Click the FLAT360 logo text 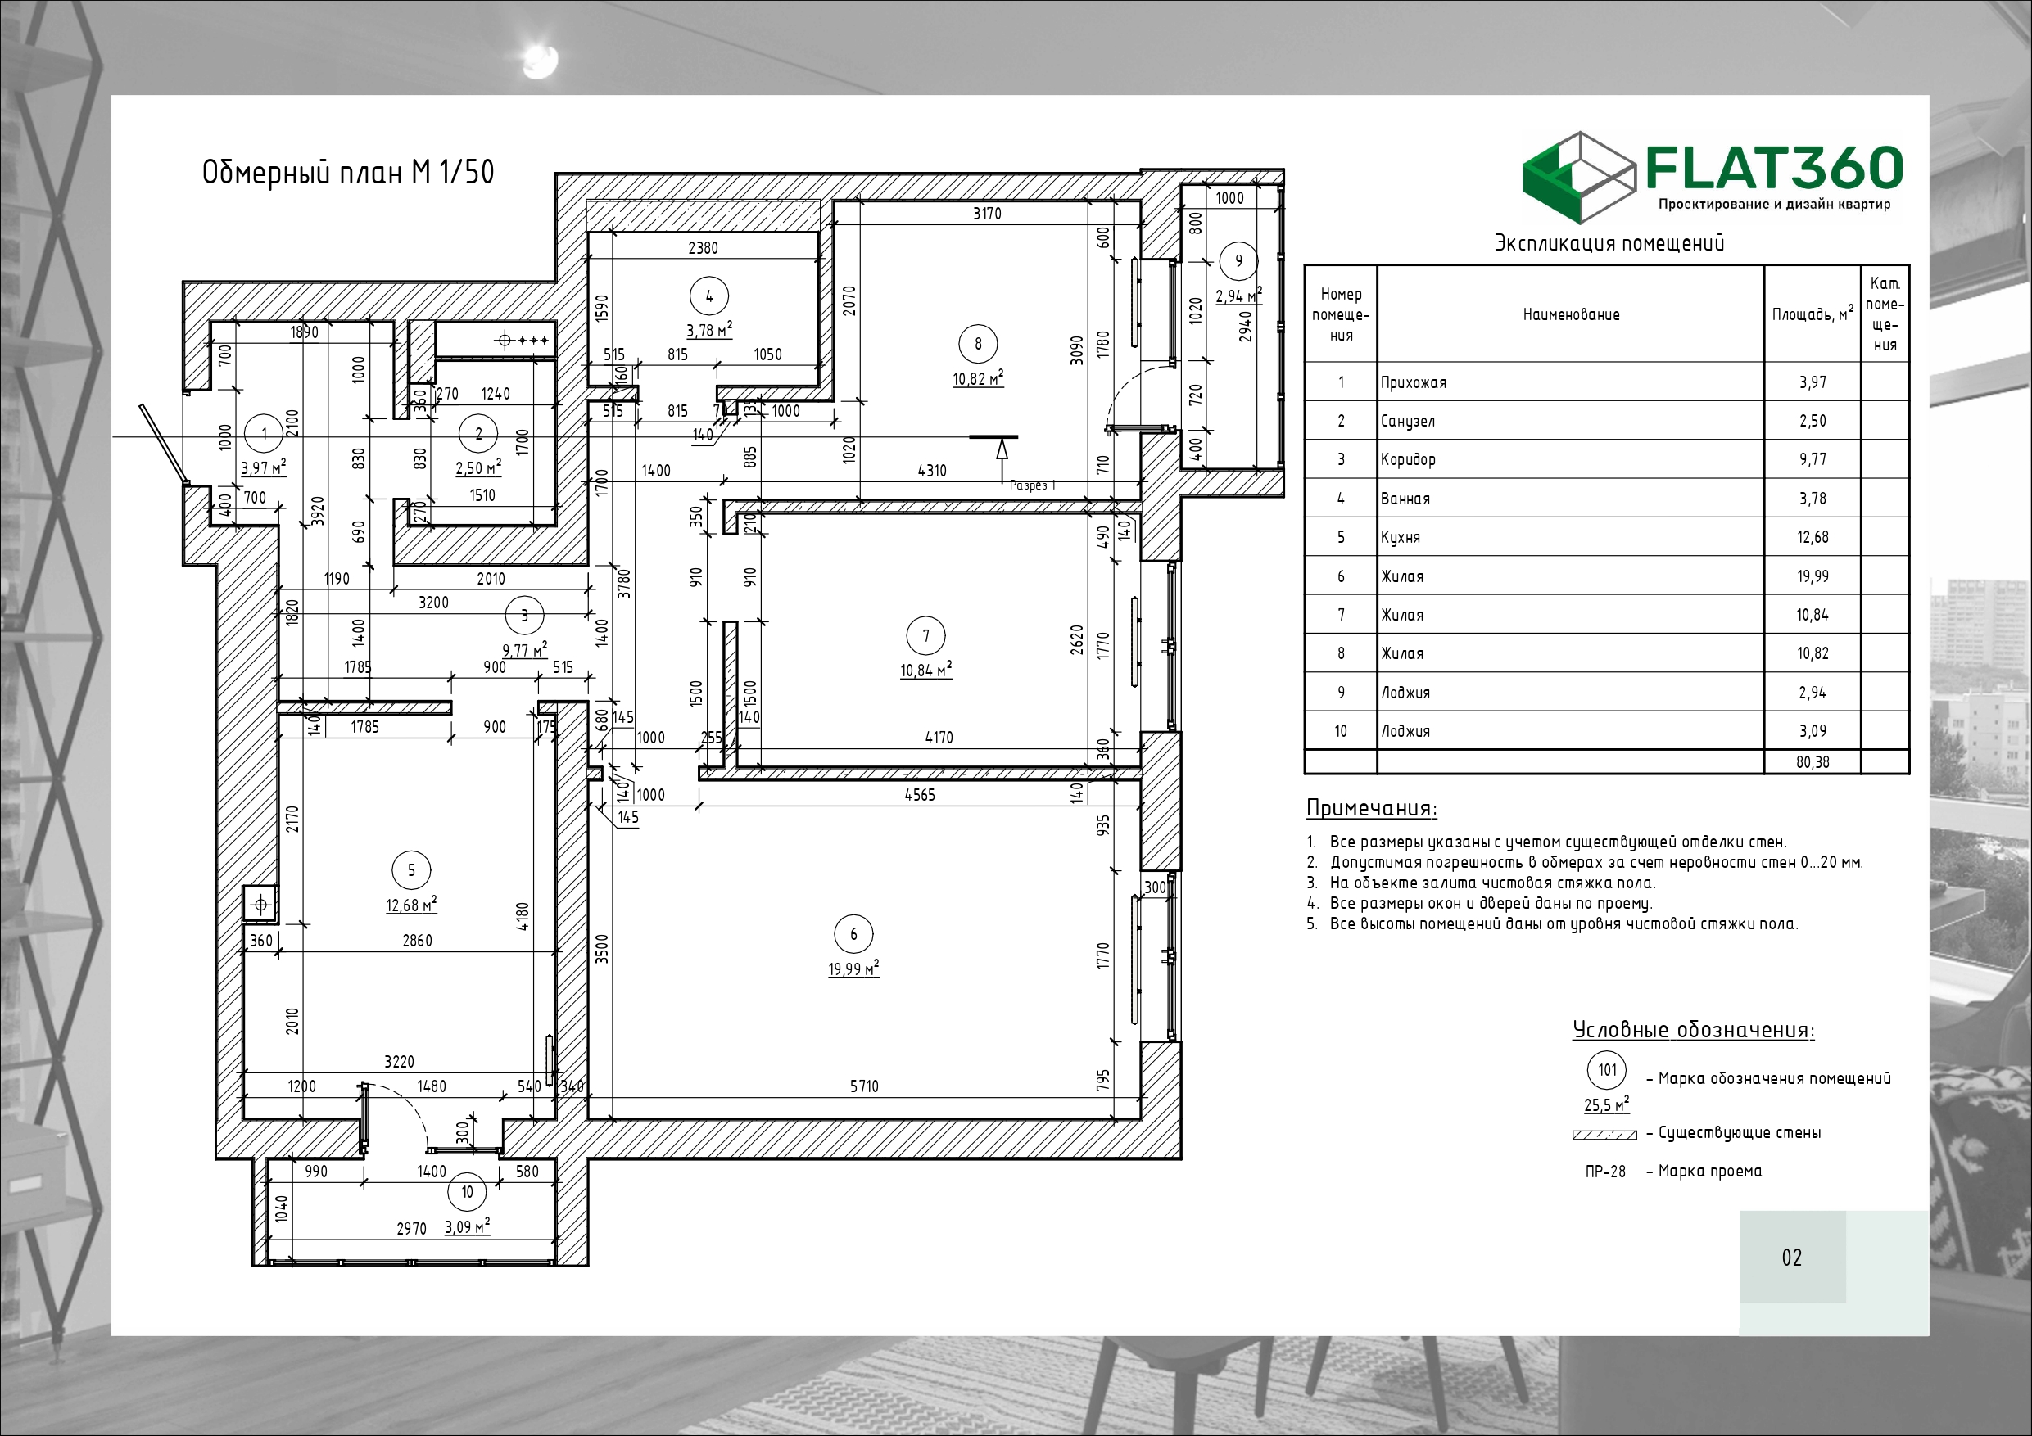coord(1775,168)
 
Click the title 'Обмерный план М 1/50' coord(348,172)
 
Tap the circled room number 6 coord(853,933)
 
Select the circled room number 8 coord(978,344)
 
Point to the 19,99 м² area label coord(853,968)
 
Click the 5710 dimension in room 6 coord(864,1086)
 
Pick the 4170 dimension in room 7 coord(939,737)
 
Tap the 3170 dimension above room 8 coord(987,213)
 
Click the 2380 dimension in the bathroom coord(703,248)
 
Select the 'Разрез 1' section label coord(1032,485)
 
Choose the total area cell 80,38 coord(1813,761)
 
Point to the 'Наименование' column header coord(1571,314)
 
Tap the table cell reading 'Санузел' coord(1407,421)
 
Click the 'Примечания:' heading coord(1371,808)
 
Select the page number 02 coord(1791,1258)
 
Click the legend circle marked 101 coord(1607,1070)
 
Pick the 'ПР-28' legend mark coord(1605,1172)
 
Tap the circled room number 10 coord(468,1192)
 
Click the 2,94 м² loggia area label coord(1238,296)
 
